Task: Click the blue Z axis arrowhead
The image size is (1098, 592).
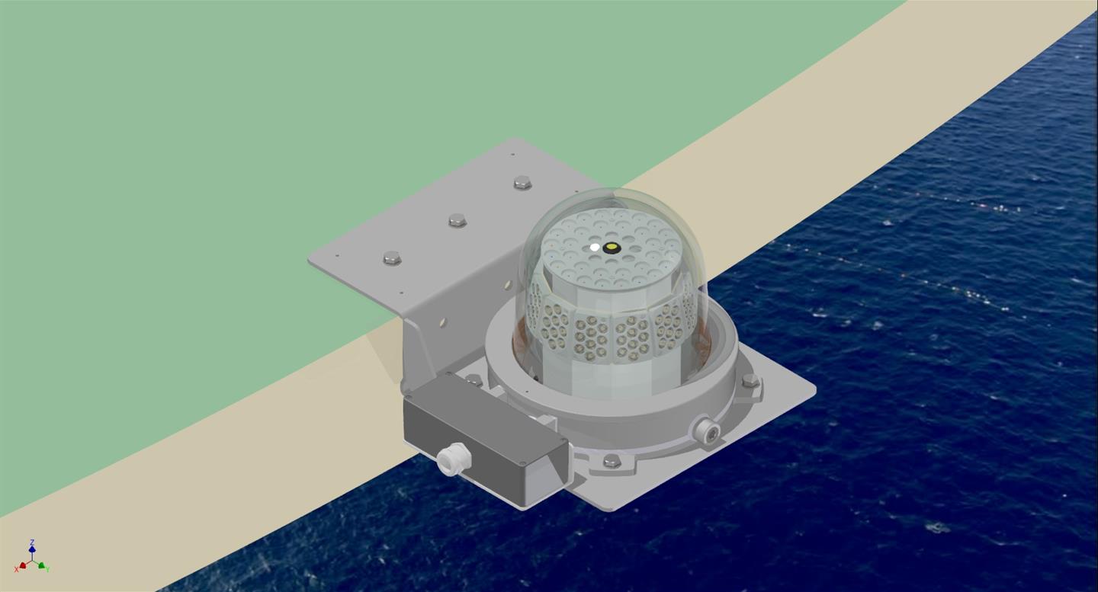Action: pos(32,549)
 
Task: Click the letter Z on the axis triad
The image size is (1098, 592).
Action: pos(32,542)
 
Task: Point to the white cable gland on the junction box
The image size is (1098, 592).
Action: pos(449,459)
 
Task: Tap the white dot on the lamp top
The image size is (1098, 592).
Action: pos(595,247)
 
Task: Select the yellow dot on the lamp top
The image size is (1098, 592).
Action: pos(610,248)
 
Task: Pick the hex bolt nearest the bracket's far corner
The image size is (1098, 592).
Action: pos(522,182)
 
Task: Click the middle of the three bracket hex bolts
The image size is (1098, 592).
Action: pos(457,220)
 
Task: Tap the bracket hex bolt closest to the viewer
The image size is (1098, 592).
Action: pos(392,258)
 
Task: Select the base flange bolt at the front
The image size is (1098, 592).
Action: pos(612,460)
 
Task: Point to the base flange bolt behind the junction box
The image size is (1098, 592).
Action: pos(474,379)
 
